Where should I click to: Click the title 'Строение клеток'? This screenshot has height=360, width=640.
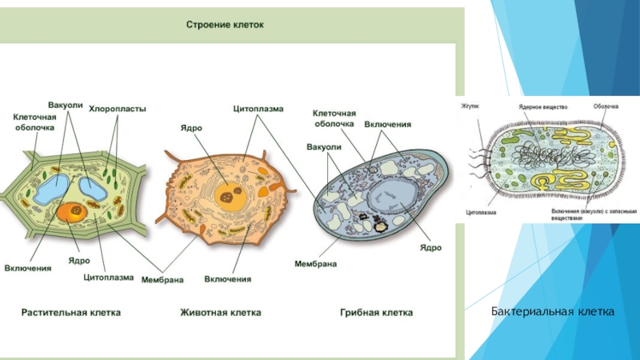(x=225, y=25)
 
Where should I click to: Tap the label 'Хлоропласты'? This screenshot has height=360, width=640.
(x=117, y=110)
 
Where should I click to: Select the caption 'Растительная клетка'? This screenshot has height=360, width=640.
(x=70, y=313)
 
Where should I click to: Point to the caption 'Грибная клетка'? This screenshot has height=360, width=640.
(x=376, y=313)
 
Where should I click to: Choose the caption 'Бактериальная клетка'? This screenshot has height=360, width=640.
(x=552, y=310)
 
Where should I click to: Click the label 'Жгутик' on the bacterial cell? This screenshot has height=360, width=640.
(x=470, y=105)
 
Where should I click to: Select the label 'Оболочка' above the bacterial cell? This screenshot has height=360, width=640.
(x=605, y=105)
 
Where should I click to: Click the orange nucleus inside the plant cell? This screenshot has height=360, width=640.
(x=74, y=211)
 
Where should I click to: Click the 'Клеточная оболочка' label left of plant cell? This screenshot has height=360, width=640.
(x=34, y=122)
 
